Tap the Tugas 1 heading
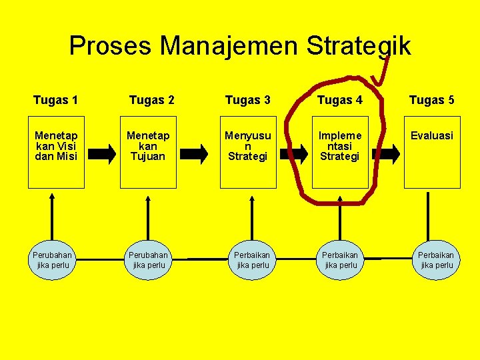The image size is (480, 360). click(x=55, y=101)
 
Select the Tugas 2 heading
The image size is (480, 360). click(x=152, y=101)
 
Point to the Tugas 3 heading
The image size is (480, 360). click(x=248, y=101)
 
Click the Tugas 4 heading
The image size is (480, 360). click(x=340, y=101)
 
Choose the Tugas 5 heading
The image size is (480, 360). click(x=432, y=101)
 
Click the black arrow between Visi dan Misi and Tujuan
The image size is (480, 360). click(x=102, y=154)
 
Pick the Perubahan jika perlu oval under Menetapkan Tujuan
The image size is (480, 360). click(x=149, y=260)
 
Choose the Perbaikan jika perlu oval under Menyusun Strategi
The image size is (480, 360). click(x=253, y=260)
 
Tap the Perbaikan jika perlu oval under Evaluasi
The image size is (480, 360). click(x=437, y=260)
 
